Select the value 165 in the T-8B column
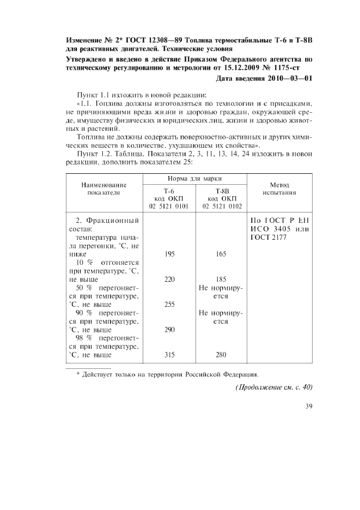pyautogui.click(x=221, y=254)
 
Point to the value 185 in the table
pyautogui.click(x=221, y=279)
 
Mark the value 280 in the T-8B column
pyautogui.click(x=221, y=355)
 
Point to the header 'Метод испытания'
pyautogui.click(x=279, y=189)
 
